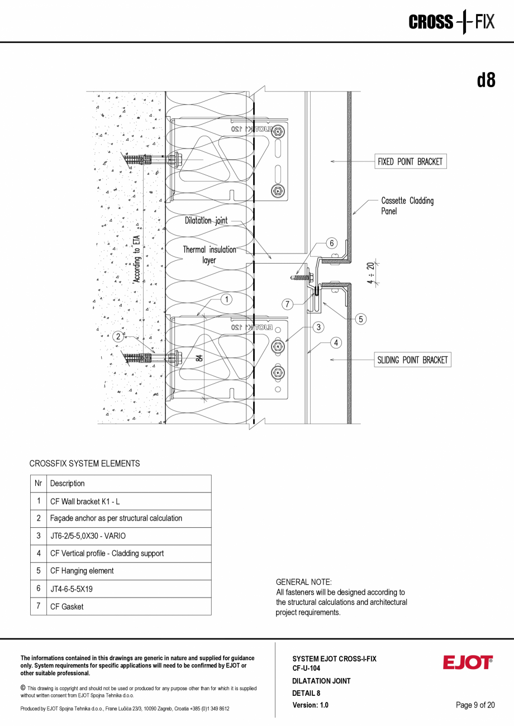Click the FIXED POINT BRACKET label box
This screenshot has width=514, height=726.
tap(411, 162)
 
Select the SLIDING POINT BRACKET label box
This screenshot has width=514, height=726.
tap(412, 360)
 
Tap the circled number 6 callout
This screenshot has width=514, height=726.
tap(331, 243)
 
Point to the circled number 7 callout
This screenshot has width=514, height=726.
tap(287, 304)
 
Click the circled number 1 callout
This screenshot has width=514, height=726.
tap(226, 299)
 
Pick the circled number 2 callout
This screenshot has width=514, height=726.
tap(118, 336)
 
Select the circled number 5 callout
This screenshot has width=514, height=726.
tap(361, 319)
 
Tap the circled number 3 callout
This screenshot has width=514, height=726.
tap(318, 327)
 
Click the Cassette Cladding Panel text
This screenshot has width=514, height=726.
tap(407, 206)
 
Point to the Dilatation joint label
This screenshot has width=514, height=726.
tap(206, 221)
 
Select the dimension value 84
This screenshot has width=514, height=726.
tap(199, 357)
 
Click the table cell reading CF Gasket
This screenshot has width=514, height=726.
tap(130, 606)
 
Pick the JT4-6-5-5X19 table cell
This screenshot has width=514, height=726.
tap(130, 589)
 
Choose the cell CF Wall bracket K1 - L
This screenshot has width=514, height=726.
tap(130, 501)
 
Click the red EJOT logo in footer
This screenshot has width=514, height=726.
tap(468, 662)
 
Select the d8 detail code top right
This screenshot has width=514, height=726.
tap(486, 80)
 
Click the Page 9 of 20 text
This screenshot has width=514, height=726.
tap(475, 705)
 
